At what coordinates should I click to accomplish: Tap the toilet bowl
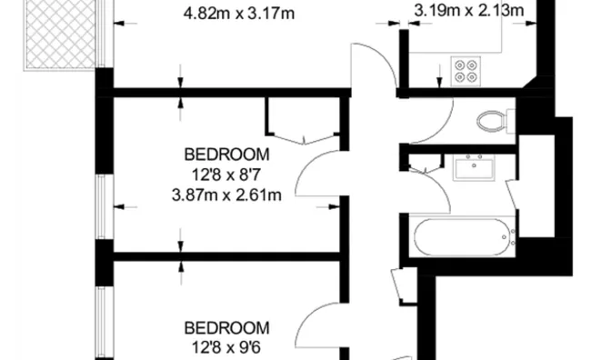490,121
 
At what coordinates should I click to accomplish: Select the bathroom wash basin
474,168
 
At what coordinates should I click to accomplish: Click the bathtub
464,237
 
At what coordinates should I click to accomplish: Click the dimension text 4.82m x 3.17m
241,14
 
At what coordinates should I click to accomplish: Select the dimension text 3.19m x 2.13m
469,11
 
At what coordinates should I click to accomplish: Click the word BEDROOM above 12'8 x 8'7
227,153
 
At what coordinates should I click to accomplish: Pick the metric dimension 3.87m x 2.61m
227,194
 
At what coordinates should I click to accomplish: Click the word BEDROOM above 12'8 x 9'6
227,327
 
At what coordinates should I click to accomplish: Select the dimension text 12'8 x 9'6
227,347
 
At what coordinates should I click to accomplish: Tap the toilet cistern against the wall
512,121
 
